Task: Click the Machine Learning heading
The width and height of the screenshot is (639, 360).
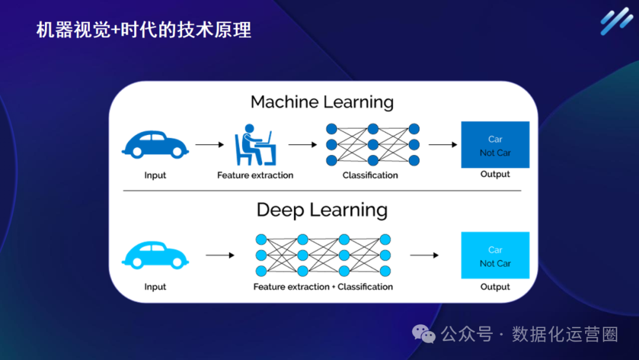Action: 322,102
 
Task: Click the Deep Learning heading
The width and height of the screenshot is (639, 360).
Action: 322,210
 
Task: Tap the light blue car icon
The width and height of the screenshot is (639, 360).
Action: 155,255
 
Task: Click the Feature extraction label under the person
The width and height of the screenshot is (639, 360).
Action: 255,175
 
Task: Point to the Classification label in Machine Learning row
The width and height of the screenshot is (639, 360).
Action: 370,175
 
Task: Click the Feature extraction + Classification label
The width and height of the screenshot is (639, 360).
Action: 323,287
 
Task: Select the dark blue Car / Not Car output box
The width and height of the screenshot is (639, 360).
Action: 495,145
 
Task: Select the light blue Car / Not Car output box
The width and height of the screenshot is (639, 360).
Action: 495,256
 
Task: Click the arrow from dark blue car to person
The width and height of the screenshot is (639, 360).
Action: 210,144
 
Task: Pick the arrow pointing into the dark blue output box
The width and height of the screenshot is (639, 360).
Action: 443,144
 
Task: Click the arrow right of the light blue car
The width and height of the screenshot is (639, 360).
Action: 220,255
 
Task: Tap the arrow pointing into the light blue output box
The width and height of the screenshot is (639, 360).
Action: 424,255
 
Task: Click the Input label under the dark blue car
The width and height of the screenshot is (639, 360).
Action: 155,175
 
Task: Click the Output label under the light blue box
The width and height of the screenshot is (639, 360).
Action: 495,287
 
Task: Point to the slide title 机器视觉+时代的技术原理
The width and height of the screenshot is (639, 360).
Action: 144,30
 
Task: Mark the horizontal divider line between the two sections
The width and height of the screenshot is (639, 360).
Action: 322,191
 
